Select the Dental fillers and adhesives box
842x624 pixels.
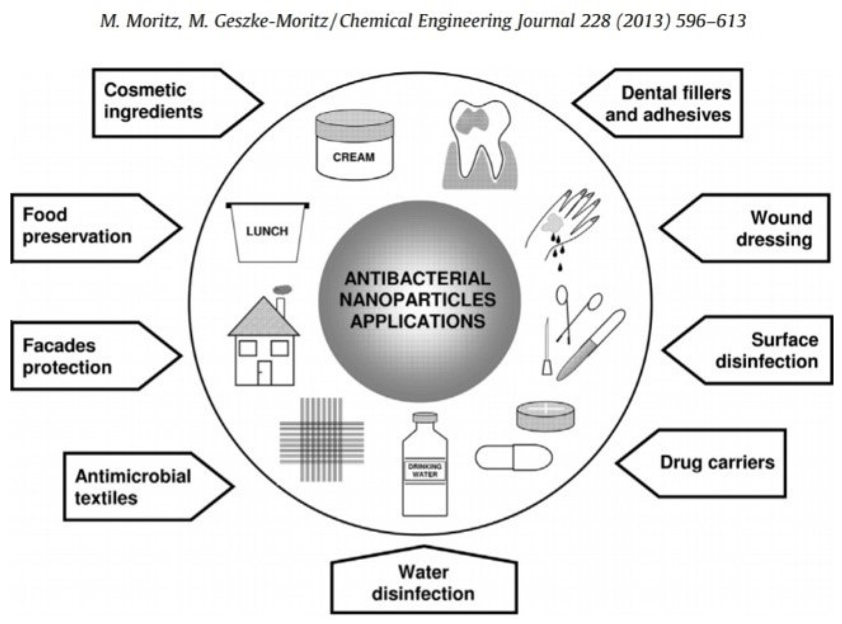coord(665,103)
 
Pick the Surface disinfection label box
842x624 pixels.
coord(756,351)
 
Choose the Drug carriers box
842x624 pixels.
coord(711,463)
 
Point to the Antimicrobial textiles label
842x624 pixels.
coord(140,487)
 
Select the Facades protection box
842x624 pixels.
coord(87,356)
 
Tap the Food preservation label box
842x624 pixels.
coord(87,228)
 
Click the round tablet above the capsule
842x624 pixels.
coord(545,416)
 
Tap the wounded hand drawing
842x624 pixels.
coord(563,223)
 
